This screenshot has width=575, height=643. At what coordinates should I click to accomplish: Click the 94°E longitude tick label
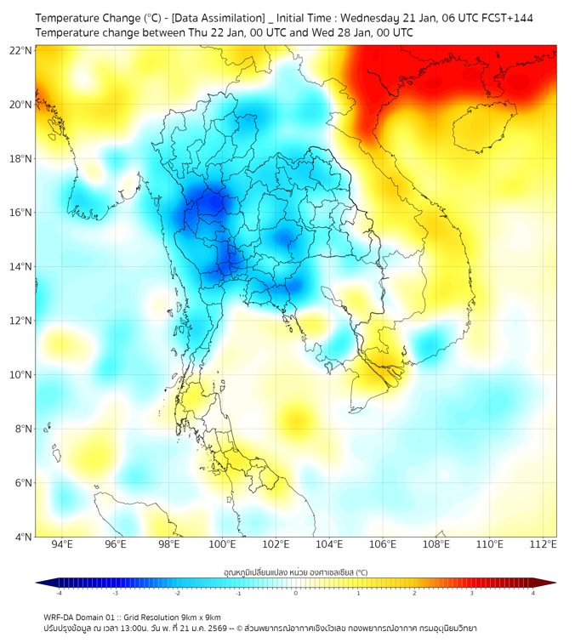point(62,545)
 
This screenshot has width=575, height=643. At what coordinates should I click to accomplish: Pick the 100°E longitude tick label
point(223,545)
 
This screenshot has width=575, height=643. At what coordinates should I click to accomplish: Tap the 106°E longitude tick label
point(383,545)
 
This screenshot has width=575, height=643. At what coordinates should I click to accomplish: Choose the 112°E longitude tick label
point(543,545)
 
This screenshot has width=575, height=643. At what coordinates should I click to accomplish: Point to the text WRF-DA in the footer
point(60,617)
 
